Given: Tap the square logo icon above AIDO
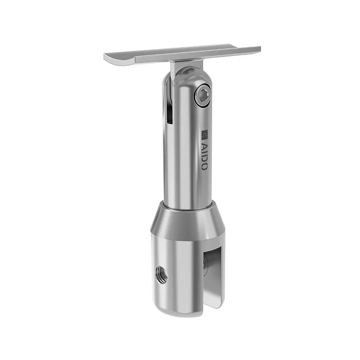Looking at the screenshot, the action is [x=204, y=135].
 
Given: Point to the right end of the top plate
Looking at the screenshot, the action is [x=258, y=49].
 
